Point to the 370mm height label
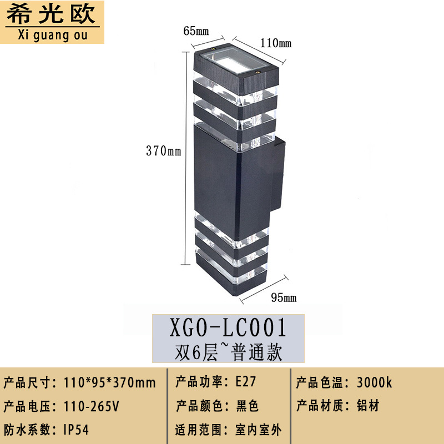click(163, 150)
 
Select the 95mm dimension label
click(283, 298)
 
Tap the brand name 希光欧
click(53, 14)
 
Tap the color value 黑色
click(247, 406)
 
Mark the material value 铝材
click(368, 406)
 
